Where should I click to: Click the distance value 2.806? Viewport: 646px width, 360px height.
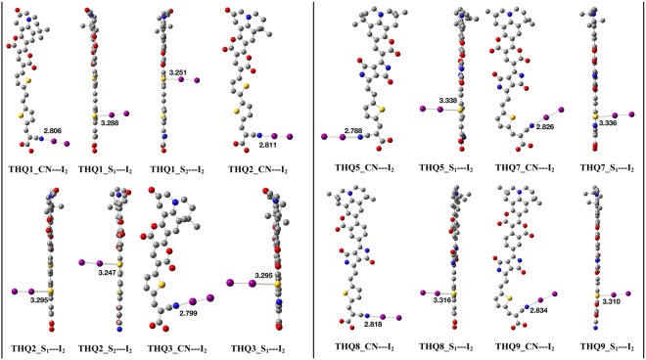click(x=55, y=128)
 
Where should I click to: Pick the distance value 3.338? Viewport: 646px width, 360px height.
click(x=448, y=101)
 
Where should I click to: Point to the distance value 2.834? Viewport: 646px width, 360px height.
click(x=540, y=309)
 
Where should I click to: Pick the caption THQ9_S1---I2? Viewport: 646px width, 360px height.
click(x=600, y=348)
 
